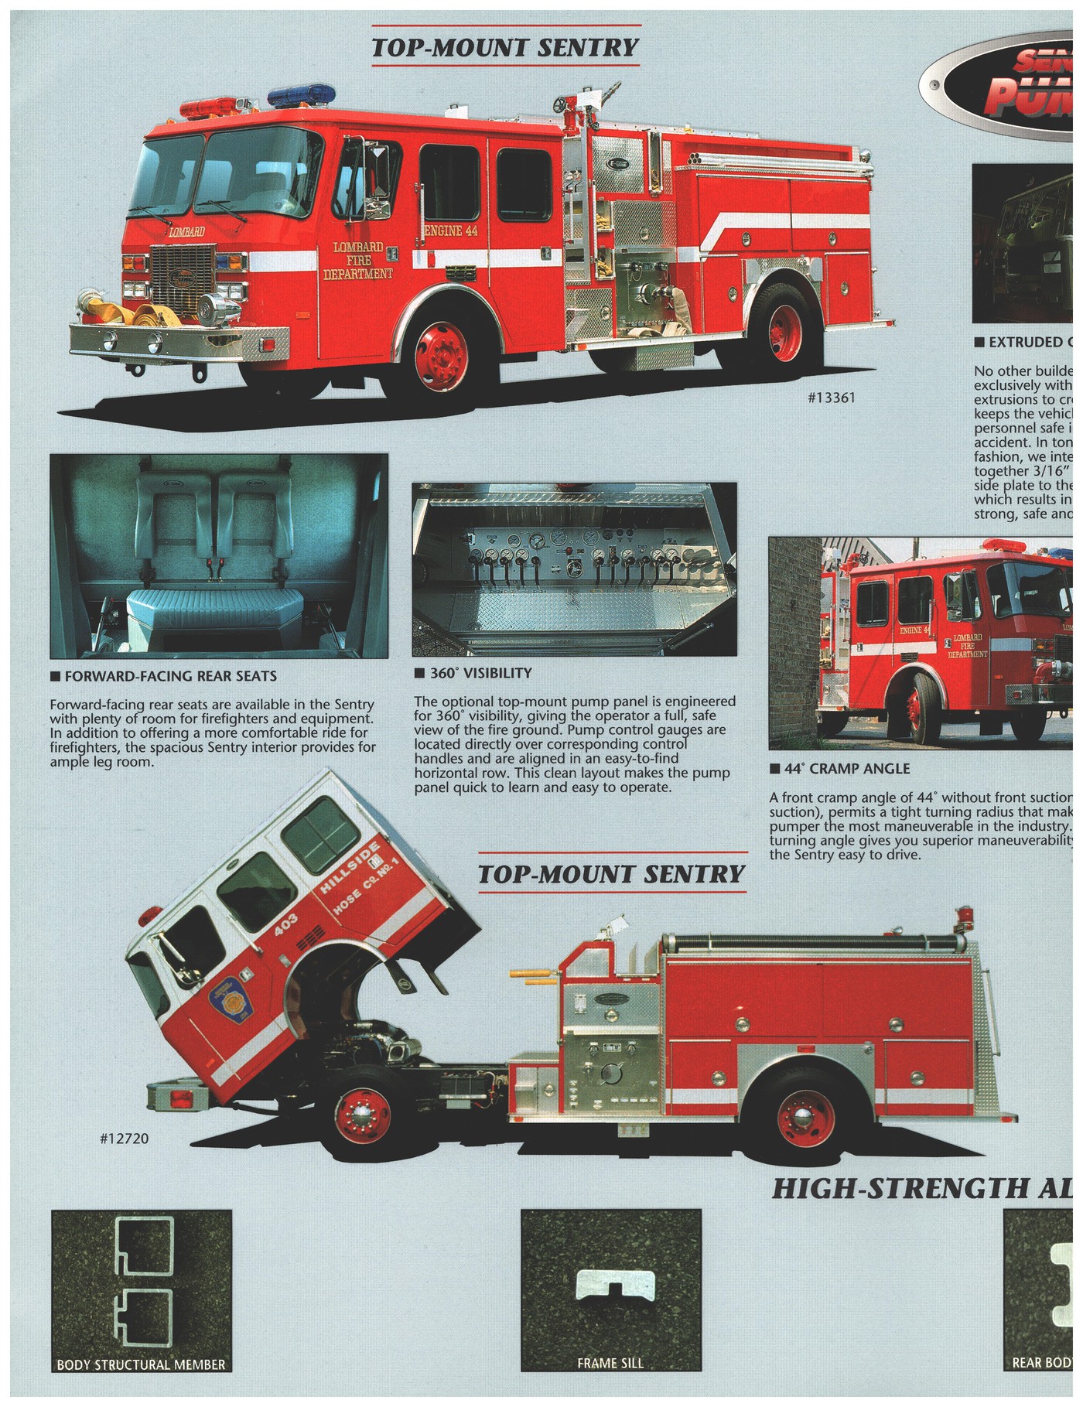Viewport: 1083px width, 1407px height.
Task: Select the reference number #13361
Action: tap(832, 398)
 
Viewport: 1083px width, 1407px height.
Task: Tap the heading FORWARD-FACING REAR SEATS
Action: tap(169, 676)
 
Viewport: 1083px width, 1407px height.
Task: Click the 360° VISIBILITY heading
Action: tap(480, 673)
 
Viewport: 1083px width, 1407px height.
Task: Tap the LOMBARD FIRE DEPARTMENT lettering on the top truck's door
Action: tap(357, 260)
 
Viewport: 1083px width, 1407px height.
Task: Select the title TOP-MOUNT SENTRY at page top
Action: tap(505, 47)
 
